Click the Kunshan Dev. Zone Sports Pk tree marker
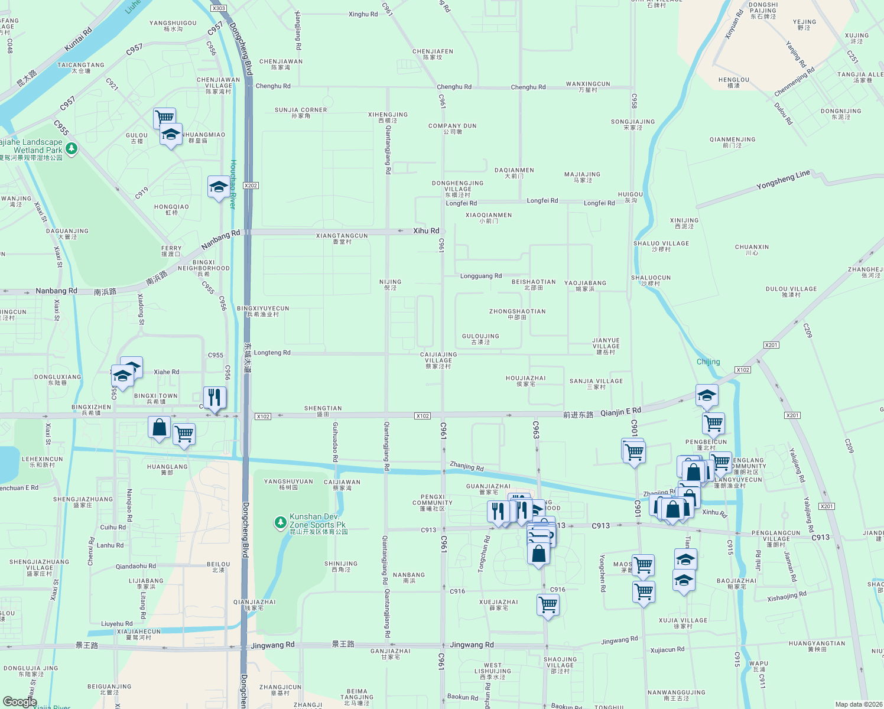point(281,522)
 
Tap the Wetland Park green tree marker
point(71,148)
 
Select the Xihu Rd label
point(426,231)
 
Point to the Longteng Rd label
point(272,353)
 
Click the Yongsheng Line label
point(783,180)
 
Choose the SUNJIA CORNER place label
point(301,112)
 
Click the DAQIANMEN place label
point(514,173)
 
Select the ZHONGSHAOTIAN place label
point(517,314)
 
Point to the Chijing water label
point(708,362)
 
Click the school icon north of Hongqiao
point(219,187)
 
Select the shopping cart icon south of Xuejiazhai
point(548,604)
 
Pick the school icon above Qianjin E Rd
point(707,395)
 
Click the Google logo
point(19,701)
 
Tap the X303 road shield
point(219,8)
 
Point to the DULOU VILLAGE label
point(791,291)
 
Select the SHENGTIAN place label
point(323,411)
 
